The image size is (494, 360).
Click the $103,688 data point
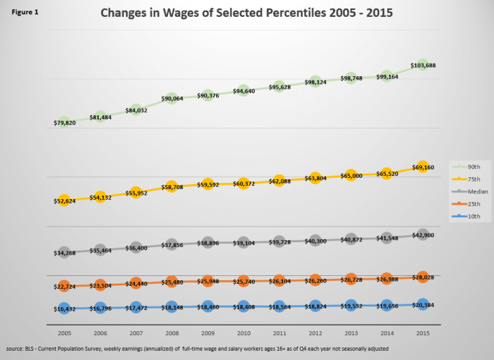point(423,65)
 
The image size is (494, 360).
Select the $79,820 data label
point(64,123)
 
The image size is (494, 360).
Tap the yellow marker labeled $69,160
point(423,168)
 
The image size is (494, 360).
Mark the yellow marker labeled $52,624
point(64,201)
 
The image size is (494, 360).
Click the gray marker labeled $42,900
point(423,234)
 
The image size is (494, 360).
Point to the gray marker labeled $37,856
point(171,245)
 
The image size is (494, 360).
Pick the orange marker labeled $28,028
point(423,277)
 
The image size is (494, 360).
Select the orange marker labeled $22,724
point(64,286)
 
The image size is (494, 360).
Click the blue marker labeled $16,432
point(64,308)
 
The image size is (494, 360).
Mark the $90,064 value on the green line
point(171,99)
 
